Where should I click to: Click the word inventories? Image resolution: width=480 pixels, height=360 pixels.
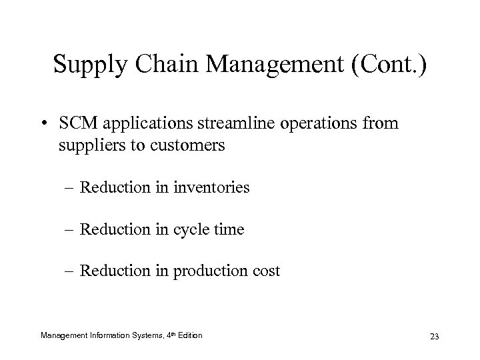click(x=211, y=188)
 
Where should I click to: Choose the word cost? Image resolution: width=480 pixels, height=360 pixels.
click(x=266, y=272)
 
